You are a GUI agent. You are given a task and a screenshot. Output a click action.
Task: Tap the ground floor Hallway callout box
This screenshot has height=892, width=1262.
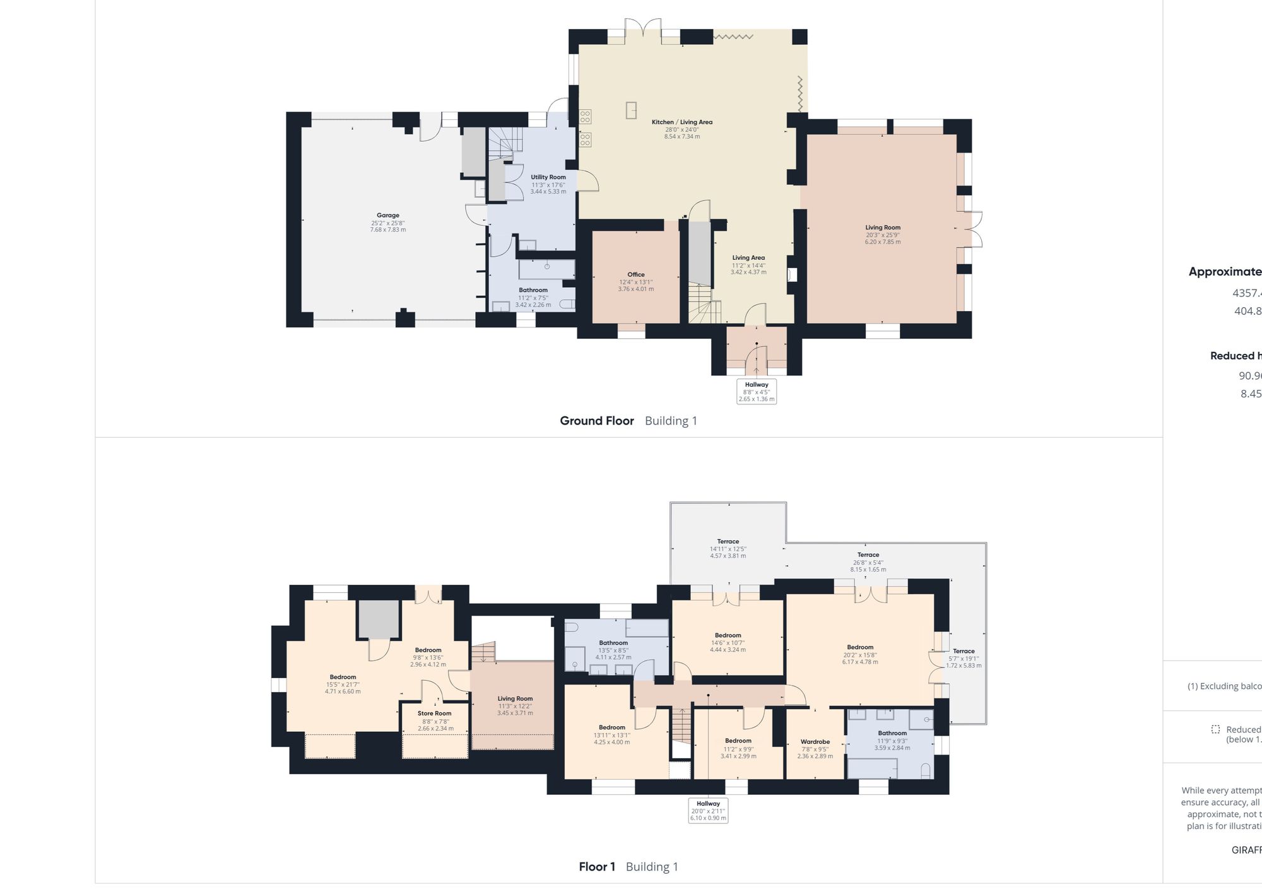click(x=756, y=391)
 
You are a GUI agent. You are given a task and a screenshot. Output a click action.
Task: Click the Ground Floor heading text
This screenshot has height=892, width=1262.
click(x=596, y=421)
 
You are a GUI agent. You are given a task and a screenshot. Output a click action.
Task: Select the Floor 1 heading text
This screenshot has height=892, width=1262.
click(x=596, y=866)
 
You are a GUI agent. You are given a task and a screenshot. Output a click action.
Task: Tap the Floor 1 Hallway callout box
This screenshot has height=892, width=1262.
click(x=708, y=811)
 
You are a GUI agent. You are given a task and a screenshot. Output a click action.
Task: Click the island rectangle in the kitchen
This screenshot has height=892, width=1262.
click(x=631, y=110)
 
